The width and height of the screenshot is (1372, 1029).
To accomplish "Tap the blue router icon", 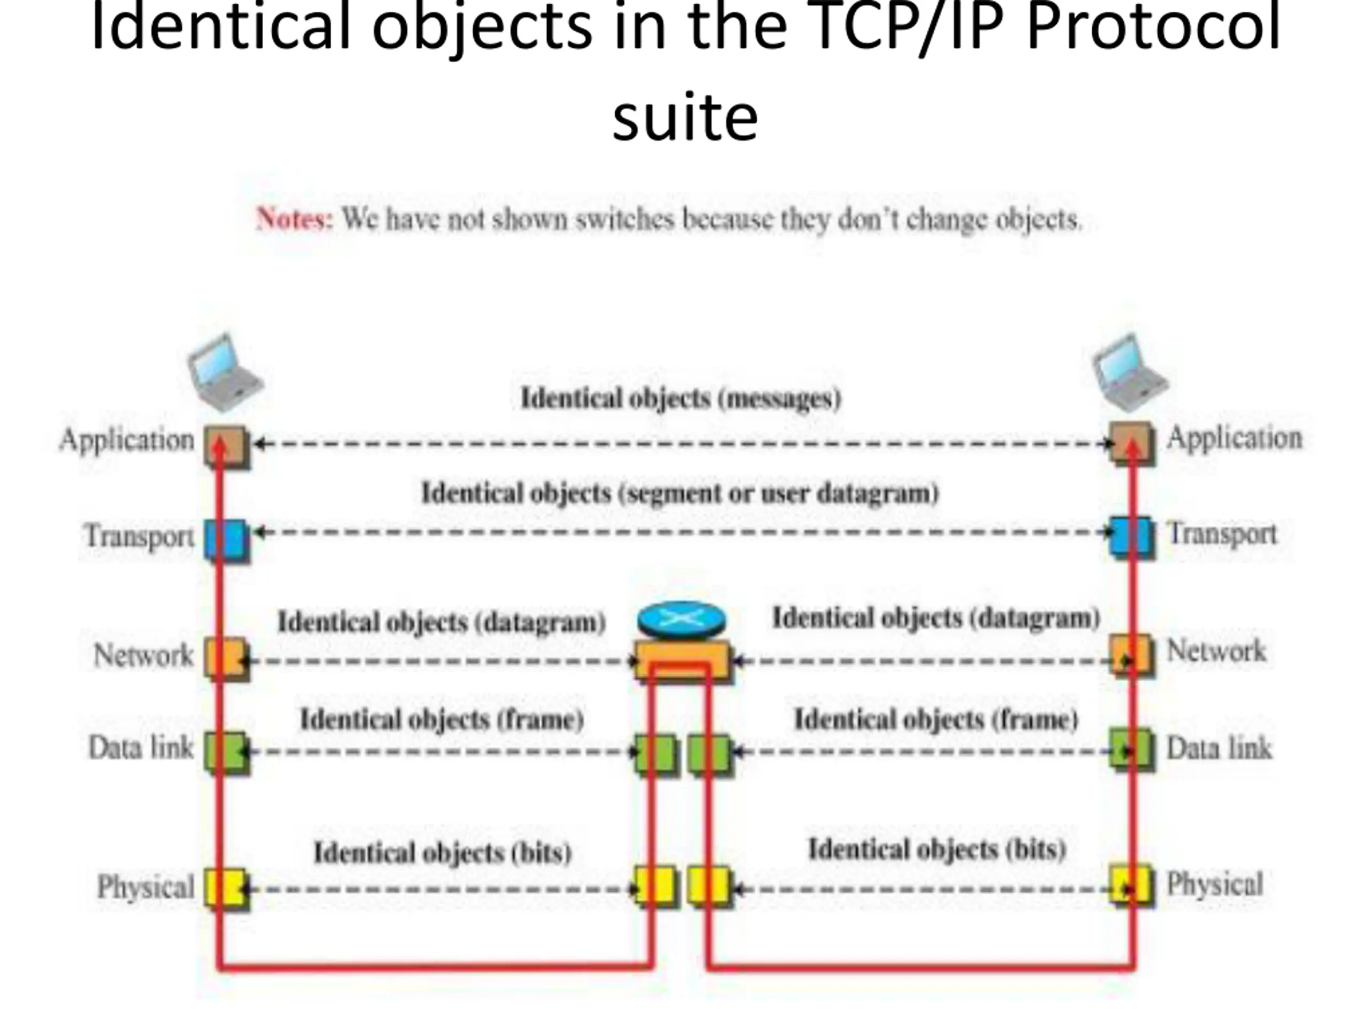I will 681,619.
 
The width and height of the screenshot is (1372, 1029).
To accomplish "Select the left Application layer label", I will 127,440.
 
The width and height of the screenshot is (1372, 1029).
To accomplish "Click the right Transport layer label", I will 1222,534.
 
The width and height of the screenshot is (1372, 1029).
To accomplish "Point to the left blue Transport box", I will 226,540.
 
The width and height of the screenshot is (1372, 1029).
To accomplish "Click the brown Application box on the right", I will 1131,442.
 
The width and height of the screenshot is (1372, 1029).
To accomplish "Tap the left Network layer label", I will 143,655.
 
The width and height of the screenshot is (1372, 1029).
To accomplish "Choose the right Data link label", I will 1219,748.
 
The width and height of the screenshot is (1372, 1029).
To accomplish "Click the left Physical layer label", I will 145,886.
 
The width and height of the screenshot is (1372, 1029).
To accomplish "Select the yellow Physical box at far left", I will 226,888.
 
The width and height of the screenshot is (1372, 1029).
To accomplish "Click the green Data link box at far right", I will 1131,750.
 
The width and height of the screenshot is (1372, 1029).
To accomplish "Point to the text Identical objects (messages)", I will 681,398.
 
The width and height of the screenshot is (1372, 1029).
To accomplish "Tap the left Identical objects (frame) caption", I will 442,719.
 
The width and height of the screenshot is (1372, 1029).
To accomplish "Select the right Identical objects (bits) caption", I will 937,849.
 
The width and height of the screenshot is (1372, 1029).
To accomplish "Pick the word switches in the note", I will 624,219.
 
